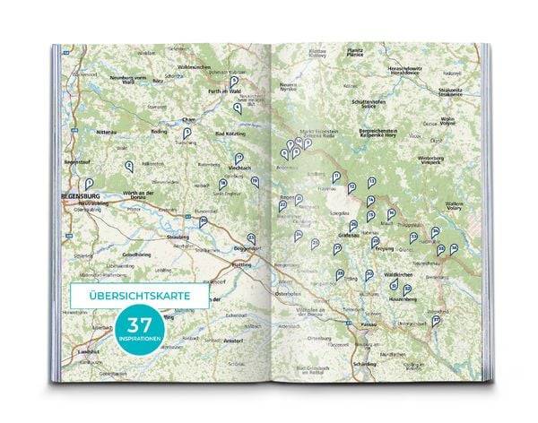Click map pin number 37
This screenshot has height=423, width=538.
pyautogui.click(x=436, y=318)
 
